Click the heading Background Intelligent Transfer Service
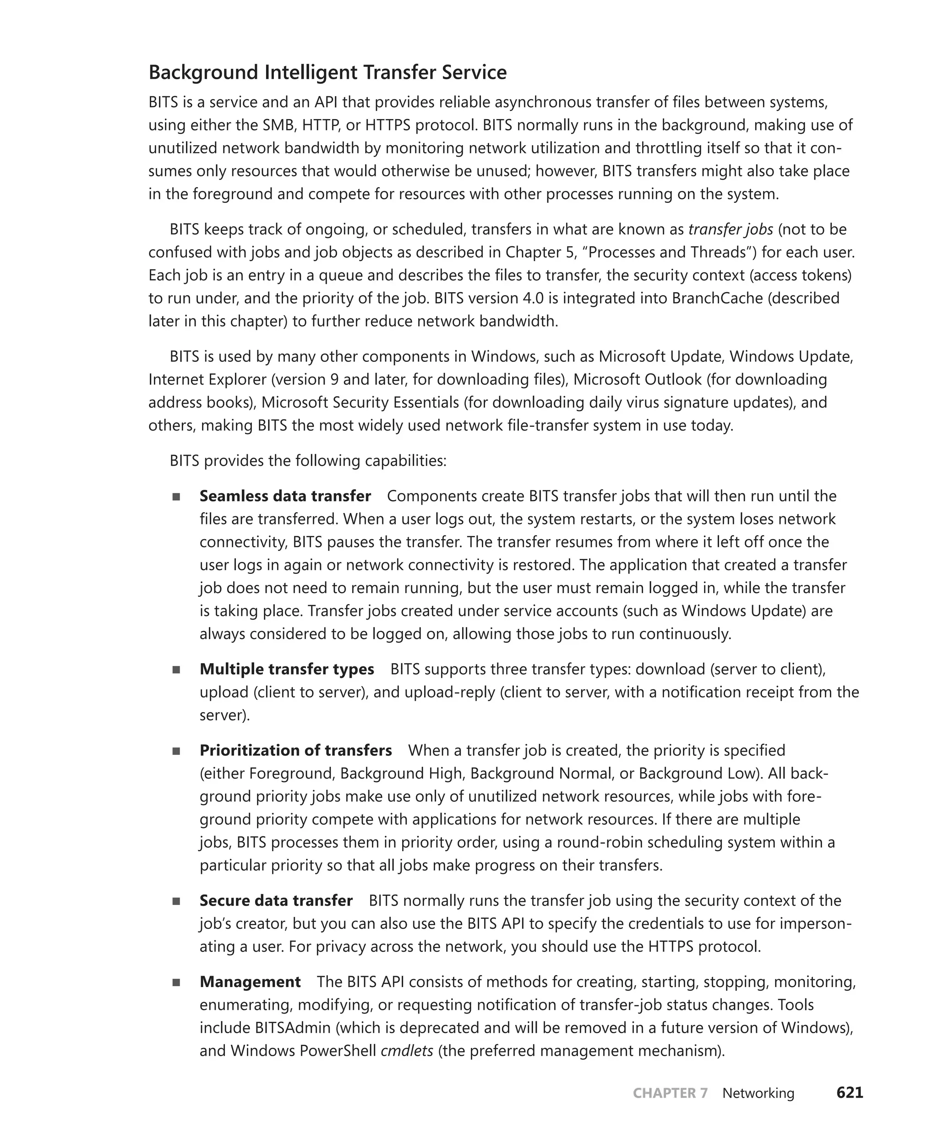pyautogui.click(x=327, y=72)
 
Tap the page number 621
pyautogui.click(x=850, y=1093)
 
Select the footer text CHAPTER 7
pyautogui.click(x=670, y=1093)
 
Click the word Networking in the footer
pyautogui.click(x=758, y=1093)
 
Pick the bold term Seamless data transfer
pyautogui.click(x=285, y=496)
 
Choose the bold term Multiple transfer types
pyautogui.click(x=286, y=669)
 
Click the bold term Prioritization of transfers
pyautogui.click(x=295, y=750)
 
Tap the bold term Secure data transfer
pyautogui.click(x=276, y=900)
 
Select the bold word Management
pyautogui.click(x=250, y=981)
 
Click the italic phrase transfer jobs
pyautogui.click(x=730, y=229)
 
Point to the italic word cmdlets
pyautogui.click(x=407, y=1051)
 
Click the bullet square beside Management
pyautogui.click(x=176, y=982)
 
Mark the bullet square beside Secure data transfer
pyautogui.click(x=176, y=901)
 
